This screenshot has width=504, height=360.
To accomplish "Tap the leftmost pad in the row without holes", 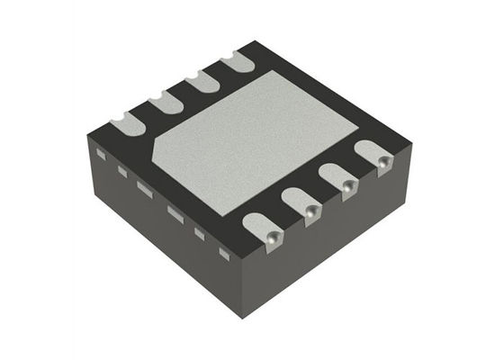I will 127,123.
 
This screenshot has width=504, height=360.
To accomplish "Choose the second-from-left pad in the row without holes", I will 166,102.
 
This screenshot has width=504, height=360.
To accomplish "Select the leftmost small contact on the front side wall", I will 101,155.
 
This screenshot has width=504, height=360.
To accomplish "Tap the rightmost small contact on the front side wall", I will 224,254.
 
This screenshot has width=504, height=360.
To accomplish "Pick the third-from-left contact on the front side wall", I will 144,187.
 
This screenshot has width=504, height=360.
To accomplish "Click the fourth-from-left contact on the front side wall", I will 175,213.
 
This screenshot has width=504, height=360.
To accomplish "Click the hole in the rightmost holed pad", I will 383,162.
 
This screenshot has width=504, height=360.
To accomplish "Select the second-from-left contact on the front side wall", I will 122,171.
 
